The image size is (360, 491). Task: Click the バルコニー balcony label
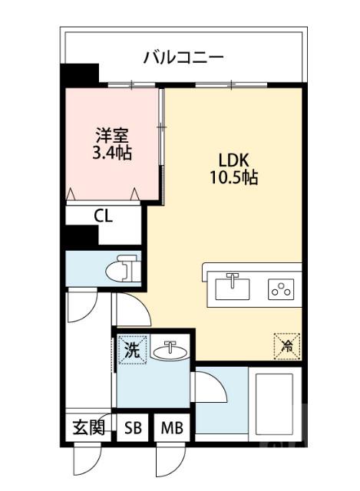[x=183, y=57]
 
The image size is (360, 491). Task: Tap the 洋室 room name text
[x=111, y=135]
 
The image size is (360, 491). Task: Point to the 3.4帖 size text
[x=111, y=153]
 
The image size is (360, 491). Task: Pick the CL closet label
[x=103, y=216]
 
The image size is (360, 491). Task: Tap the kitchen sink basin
[x=232, y=288]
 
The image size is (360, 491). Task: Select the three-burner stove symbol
[x=280, y=289]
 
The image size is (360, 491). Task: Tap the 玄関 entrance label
[x=88, y=428]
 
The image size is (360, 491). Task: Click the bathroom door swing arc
[x=210, y=387]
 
